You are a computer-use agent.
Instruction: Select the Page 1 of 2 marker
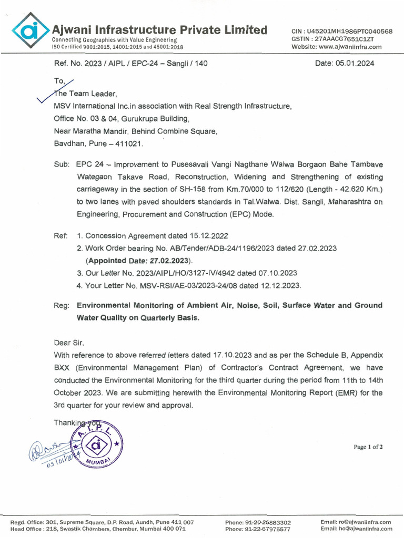point(368,447)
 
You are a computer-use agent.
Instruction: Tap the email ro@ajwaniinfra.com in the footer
point(357,522)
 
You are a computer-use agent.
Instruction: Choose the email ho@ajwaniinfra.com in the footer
point(357,529)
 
